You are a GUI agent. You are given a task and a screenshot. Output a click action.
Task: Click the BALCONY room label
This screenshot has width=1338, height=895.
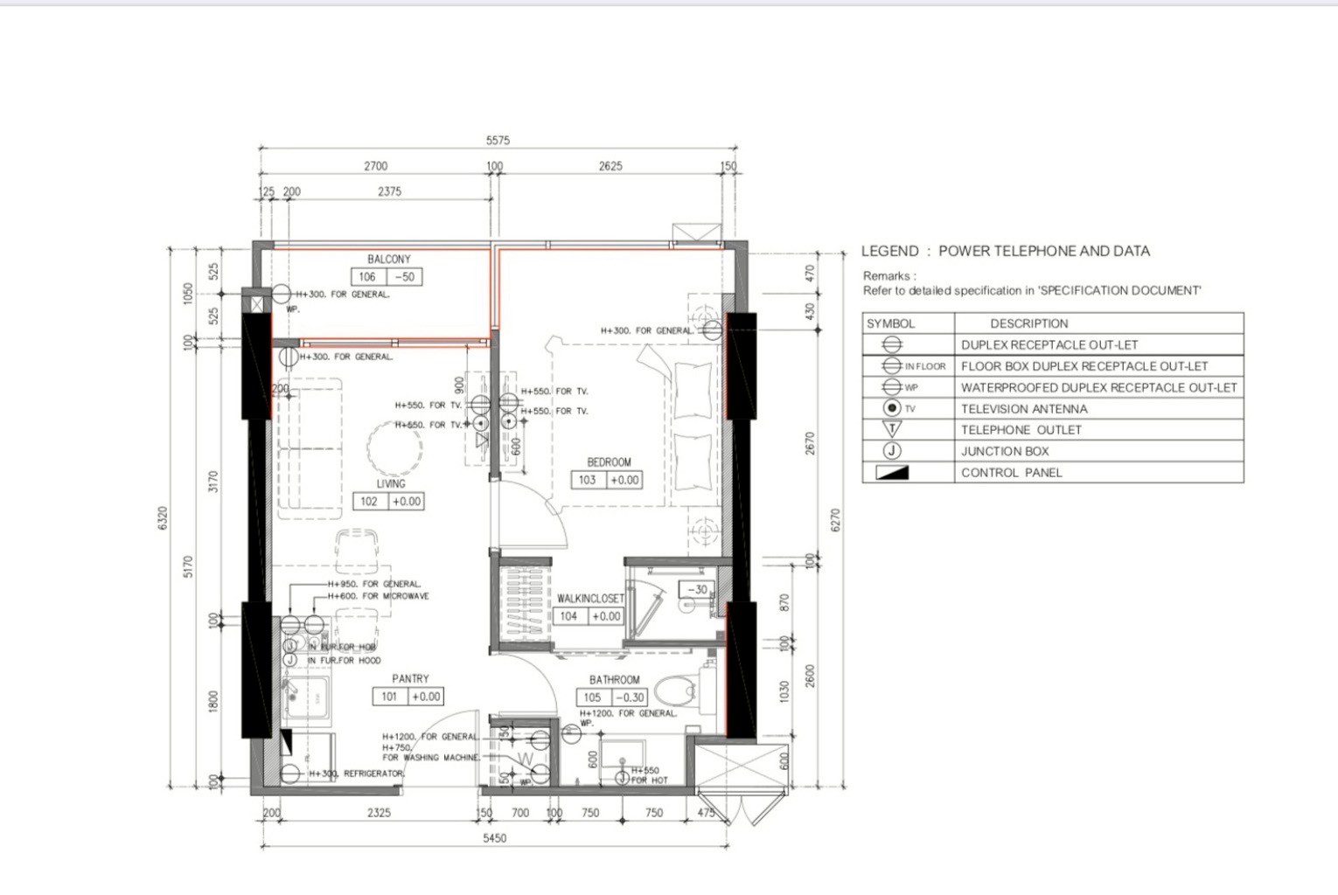pyautogui.click(x=388, y=260)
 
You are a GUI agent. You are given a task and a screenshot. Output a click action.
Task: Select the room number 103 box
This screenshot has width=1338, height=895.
pyautogui.click(x=588, y=480)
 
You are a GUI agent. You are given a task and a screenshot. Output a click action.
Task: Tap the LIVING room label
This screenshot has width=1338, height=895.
pyautogui.click(x=391, y=483)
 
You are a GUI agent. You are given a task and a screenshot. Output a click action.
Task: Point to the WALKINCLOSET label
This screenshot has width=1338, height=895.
pyautogui.click(x=590, y=599)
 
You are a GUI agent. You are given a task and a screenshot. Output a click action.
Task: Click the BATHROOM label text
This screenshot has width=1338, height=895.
pyautogui.click(x=614, y=679)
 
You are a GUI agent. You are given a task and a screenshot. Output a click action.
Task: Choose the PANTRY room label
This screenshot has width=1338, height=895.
pyautogui.click(x=410, y=678)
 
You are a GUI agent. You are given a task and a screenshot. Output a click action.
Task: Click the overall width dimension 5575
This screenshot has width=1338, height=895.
pyautogui.click(x=498, y=140)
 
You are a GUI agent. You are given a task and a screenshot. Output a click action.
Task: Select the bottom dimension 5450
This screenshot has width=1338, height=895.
pyautogui.click(x=495, y=838)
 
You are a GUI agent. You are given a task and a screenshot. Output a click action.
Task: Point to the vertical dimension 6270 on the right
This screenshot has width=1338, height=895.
pyautogui.click(x=835, y=520)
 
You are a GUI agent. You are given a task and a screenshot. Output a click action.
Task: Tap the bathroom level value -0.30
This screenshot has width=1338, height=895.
pyautogui.click(x=630, y=697)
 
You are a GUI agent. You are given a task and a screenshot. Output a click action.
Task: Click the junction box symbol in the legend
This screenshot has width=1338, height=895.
pyautogui.click(x=892, y=451)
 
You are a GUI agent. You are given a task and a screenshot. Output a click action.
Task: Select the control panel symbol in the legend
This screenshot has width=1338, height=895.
pyautogui.click(x=892, y=473)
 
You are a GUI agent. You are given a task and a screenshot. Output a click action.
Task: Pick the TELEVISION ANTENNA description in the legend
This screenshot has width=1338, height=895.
pyautogui.click(x=1024, y=409)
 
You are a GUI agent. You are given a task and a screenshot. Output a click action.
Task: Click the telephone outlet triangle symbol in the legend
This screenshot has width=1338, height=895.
pyautogui.click(x=892, y=429)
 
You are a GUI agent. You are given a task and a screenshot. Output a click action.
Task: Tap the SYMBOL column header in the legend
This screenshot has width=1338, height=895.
pyautogui.click(x=890, y=323)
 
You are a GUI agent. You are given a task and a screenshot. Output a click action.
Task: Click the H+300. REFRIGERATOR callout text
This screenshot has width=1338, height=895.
pyautogui.click(x=349, y=774)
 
